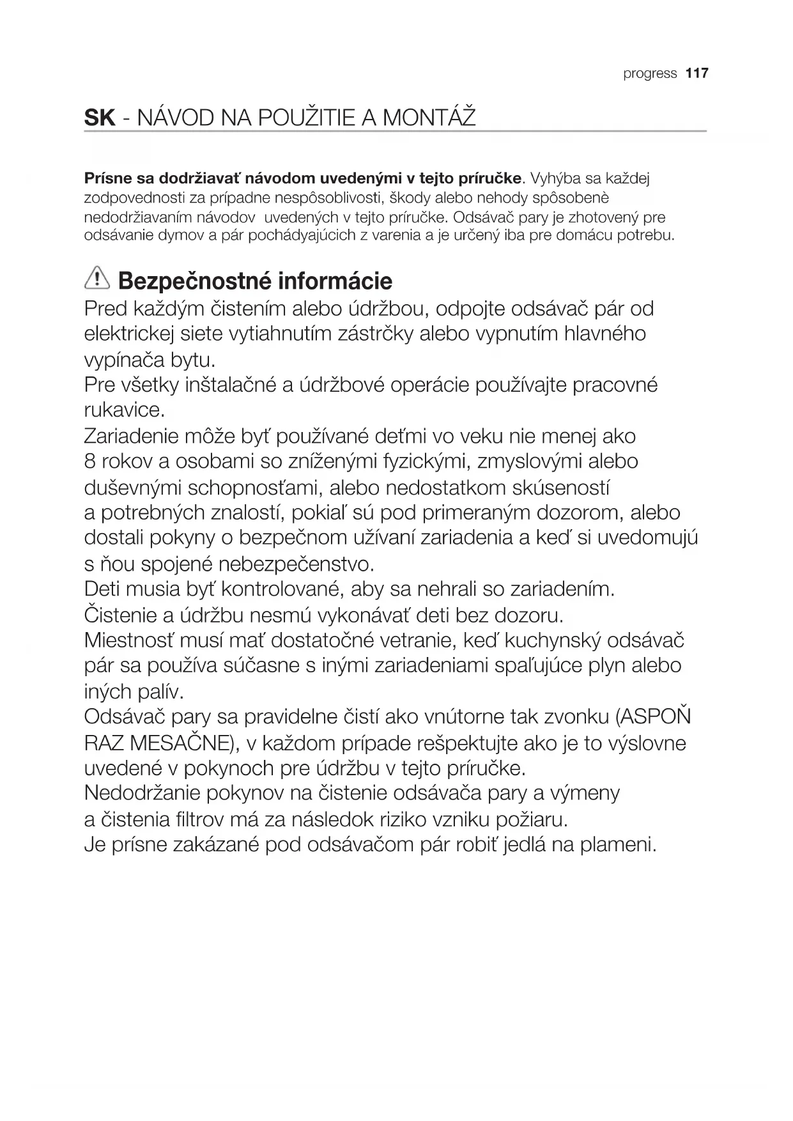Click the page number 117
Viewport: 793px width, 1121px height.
697,73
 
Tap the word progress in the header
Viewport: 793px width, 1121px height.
650,74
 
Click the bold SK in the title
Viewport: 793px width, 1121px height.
99,118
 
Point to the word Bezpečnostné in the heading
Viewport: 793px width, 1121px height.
189,281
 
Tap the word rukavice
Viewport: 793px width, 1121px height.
125,410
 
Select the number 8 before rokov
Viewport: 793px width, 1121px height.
89,461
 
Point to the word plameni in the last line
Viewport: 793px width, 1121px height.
618,845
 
